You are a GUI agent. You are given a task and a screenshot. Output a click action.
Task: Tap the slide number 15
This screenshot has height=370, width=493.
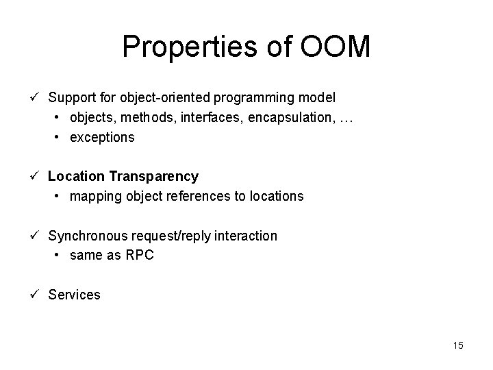click(x=457, y=345)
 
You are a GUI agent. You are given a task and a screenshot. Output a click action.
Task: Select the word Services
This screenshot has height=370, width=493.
click(x=74, y=295)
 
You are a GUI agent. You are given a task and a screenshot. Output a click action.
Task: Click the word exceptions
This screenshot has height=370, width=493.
click(x=103, y=137)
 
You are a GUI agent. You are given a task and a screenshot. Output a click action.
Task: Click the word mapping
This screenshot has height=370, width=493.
click(x=94, y=196)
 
